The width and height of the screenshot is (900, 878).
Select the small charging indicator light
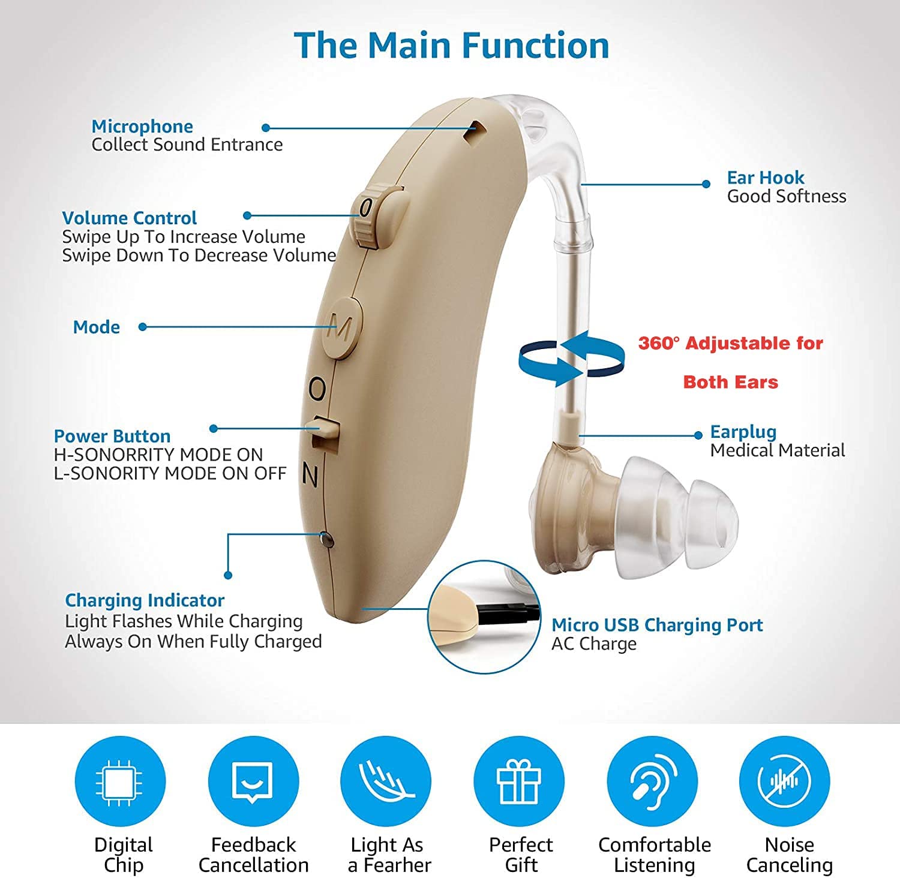326,539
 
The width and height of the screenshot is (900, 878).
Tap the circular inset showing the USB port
484,616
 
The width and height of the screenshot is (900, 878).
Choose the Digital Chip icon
120,781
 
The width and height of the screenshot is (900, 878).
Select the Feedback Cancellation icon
253,781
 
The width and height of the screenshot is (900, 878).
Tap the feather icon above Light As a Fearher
386,781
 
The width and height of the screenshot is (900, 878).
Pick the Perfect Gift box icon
519,781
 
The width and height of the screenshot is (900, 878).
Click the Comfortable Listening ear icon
652,781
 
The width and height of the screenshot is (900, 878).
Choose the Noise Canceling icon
785,781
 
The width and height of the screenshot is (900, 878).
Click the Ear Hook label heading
765,178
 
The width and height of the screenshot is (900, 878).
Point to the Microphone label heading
142,127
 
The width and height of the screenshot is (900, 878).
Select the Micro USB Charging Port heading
657,625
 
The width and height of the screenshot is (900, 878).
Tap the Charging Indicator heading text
145,600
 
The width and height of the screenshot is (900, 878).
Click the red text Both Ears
730,382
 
